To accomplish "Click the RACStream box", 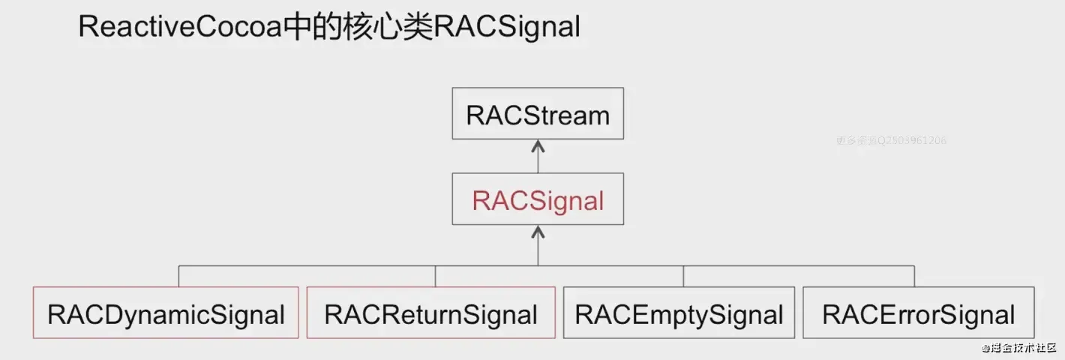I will (538, 113).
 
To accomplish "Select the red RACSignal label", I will (538, 200).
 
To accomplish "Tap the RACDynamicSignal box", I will (166, 313).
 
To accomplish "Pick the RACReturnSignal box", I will (431, 313).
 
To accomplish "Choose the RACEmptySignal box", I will (679, 313).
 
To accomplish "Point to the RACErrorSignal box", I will (919, 313).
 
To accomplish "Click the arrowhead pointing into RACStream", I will (538, 144).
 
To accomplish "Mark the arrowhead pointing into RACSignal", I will (538, 230).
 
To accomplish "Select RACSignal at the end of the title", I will (508, 28).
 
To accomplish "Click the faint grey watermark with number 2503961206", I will (891, 140).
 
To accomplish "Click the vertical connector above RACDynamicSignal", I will (178, 275).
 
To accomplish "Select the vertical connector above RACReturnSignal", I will (435, 275).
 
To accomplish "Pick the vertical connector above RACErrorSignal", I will (913, 275).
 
